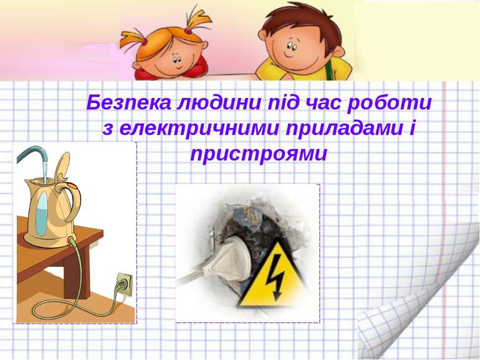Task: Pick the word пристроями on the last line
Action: pos(258,153)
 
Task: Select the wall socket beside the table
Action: pos(123,285)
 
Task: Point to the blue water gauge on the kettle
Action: pos(41,212)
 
